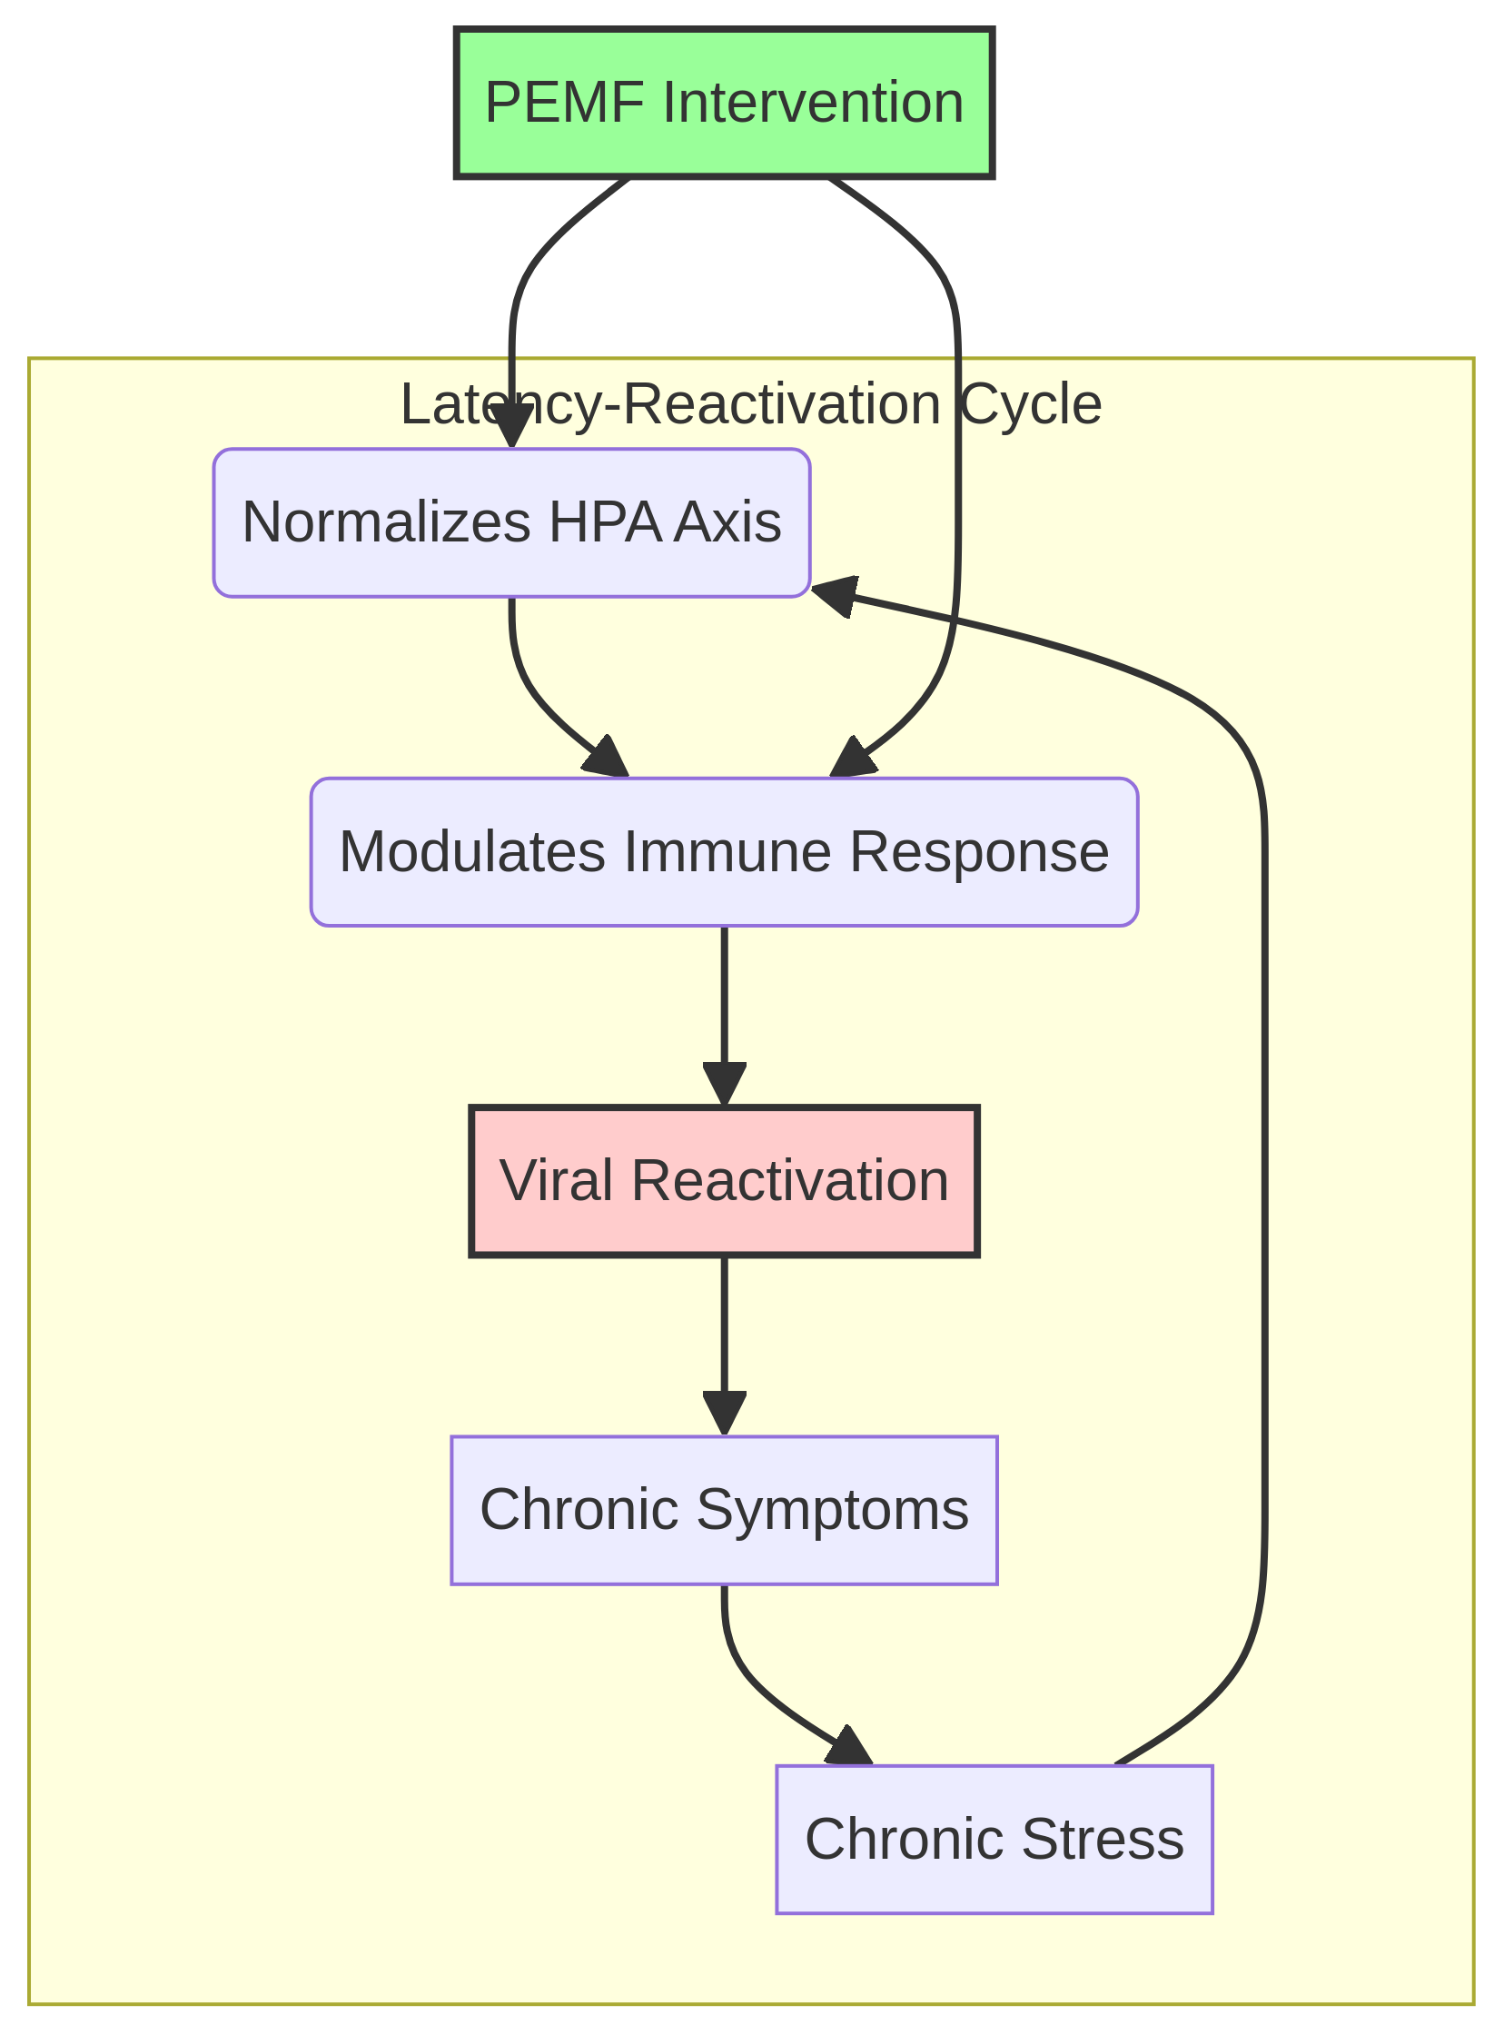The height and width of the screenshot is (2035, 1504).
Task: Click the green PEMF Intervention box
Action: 724,102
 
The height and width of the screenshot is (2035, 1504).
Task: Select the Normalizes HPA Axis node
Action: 510,523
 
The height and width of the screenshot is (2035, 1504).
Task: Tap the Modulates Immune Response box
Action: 724,852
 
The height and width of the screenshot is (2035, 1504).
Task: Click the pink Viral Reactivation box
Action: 724,1181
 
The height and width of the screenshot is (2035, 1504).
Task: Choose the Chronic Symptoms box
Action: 724,1510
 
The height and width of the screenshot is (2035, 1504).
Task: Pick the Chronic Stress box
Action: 994,1839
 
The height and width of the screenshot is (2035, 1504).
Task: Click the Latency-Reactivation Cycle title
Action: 751,404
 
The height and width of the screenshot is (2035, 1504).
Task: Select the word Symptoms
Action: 831,1510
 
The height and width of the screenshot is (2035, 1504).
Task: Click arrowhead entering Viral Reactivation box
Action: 724,1086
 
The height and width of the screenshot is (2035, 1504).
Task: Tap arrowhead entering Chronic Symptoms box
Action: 724,1414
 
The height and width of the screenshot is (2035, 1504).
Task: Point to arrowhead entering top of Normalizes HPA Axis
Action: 511,426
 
